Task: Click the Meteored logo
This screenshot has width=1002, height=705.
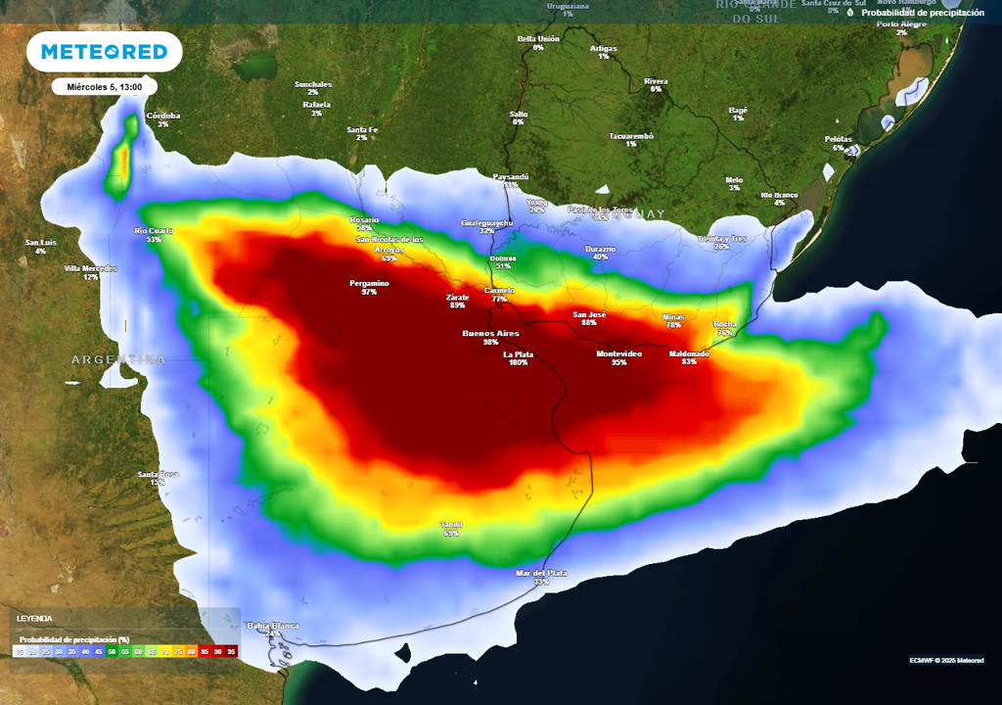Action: point(105,52)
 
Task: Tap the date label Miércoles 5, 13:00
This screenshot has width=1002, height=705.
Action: point(105,87)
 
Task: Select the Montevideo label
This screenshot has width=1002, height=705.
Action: point(618,353)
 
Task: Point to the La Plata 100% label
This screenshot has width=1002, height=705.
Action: point(518,358)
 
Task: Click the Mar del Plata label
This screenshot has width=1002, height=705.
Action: point(541,574)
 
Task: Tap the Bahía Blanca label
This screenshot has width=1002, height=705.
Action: point(272,626)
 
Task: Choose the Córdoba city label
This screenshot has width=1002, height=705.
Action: point(163,117)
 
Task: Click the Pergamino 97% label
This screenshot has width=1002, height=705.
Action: point(369,284)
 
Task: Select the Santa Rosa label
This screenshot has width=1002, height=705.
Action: point(158,475)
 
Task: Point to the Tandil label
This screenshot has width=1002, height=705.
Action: point(451,526)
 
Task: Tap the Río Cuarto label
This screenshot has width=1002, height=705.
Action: point(154,231)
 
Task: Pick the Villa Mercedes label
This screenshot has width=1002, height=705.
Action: point(90,268)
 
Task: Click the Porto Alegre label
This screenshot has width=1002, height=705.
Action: point(900,24)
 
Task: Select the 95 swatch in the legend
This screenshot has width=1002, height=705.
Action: point(231,650)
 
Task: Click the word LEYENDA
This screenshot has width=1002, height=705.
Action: point(34,619)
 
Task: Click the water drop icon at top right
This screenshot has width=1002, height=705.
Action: point(851,13)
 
